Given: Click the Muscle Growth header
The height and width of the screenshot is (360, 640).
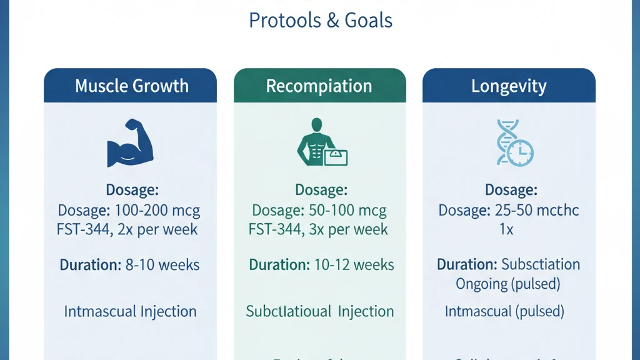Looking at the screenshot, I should point(131,86).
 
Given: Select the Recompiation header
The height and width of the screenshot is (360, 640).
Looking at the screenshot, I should point(319,86).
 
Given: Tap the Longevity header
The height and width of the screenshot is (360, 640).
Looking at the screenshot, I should point(508,86).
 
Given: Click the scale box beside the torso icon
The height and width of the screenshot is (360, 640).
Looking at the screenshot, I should point(336,156).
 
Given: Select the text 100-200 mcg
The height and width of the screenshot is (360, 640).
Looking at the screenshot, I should point(156,210).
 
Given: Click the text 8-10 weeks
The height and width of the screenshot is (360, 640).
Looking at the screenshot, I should point(162,264).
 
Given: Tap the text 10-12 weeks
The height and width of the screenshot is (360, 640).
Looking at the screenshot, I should point(354,264).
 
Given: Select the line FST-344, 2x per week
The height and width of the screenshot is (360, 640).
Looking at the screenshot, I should point(127,229).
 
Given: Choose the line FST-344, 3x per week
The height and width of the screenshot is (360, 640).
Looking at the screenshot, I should point(318,229).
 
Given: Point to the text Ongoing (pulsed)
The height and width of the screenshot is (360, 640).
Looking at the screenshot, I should point(507,283).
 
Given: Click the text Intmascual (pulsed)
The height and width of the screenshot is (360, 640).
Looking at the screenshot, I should point(504,311).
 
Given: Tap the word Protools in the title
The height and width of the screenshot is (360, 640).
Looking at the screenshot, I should point(284,20).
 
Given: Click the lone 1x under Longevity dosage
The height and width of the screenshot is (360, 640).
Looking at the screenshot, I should point(506,229).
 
